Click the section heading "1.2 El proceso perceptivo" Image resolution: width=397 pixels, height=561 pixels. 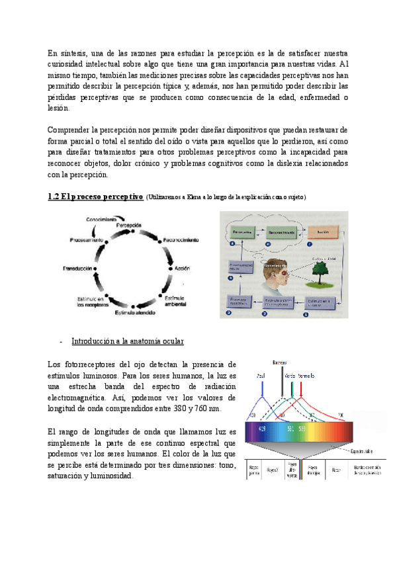coord(95,197)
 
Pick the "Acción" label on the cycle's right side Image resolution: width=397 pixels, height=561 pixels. coord(182,269)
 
